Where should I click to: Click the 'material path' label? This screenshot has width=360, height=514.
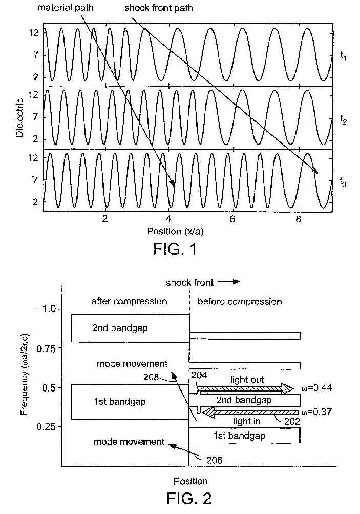pos(65,7)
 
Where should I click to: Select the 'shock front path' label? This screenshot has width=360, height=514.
pos(159,8)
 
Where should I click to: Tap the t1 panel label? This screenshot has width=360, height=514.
pos(343,56)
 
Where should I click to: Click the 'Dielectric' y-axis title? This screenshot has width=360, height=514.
pos(19,118)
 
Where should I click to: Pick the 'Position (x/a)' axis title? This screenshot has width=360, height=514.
pos(175,231)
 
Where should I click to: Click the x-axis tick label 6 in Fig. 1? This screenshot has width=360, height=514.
pos(232,219)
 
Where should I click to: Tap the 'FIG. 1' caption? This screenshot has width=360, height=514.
pos(175,249)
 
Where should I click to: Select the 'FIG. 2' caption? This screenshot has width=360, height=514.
pos(189,498)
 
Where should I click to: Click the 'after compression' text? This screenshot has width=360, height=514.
pos(130,301)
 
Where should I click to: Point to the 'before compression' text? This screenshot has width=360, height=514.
pos(240,301)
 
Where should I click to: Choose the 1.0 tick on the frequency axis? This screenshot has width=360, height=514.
pos(49,309)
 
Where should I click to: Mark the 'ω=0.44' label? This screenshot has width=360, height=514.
pos(317,388)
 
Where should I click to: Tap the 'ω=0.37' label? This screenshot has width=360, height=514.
pos(317,412)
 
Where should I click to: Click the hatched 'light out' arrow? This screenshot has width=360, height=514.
pos(244,389)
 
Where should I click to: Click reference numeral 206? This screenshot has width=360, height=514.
pos(214,460)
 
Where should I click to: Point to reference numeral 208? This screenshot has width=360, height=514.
pos(151,377)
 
